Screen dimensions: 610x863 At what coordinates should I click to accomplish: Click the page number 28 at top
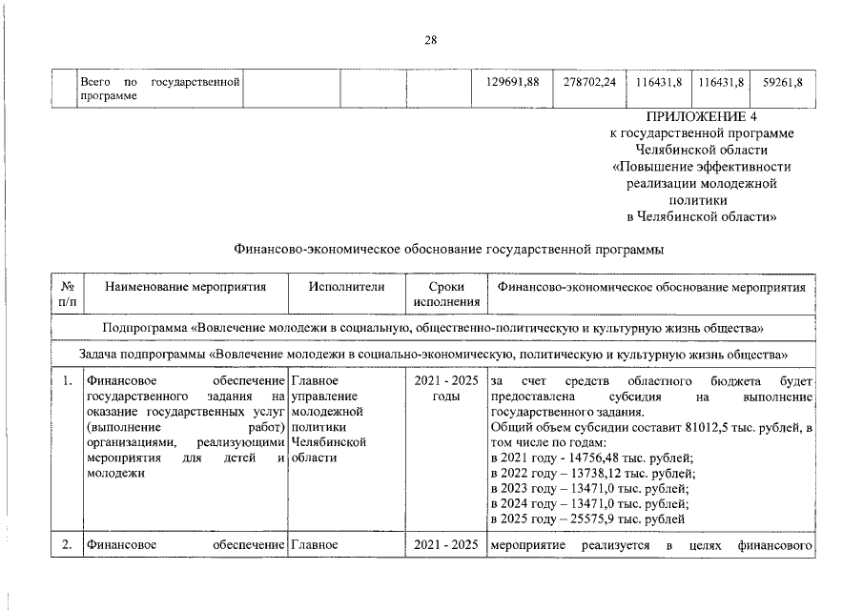pos(430,40)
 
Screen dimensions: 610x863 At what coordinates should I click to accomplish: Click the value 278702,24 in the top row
pos(589,82)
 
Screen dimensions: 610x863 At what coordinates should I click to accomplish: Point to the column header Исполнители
pos(346,286)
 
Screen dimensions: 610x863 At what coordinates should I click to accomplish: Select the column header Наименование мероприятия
pos(185,286)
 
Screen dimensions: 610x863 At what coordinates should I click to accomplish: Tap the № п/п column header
pos(67,294)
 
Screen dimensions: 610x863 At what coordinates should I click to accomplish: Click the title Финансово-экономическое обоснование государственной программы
pos(448,250)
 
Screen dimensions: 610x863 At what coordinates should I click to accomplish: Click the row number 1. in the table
pos(67,382)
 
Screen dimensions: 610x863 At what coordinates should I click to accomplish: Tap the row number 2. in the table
pos(67,546)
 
